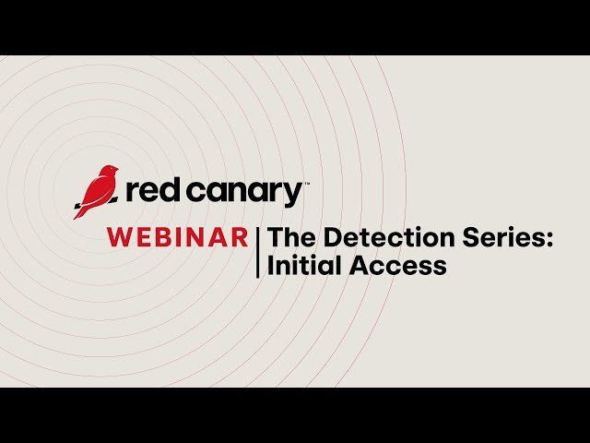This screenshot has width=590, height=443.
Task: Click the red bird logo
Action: (96, 191)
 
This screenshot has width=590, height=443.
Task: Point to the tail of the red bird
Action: (80, 211)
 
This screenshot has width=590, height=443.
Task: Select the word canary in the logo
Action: (242, 193)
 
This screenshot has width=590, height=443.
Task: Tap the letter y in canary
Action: (293, 196)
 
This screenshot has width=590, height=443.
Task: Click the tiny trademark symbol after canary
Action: (307, 184)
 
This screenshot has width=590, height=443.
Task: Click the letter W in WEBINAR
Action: (119, 237)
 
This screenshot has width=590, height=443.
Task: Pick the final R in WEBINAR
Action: (239, 237)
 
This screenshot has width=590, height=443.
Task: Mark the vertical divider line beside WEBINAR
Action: (258, 251)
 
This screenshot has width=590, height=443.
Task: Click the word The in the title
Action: (289, 237)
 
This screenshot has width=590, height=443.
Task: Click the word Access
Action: (397, 266)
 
